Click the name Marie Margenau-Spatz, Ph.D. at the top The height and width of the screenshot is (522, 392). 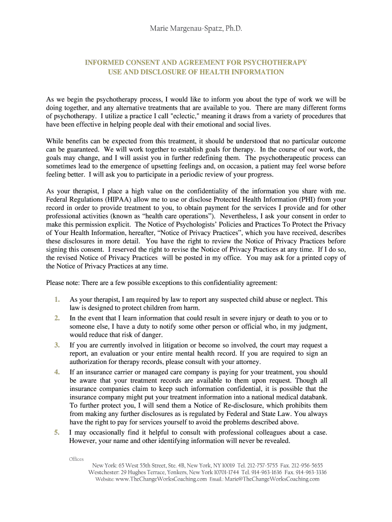[x=196, y=30]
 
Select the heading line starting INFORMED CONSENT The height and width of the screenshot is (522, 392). [x=196, y=63]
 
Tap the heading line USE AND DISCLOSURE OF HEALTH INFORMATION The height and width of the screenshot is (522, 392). [x=196, y=72]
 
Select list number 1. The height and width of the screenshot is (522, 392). [x=57, y=299]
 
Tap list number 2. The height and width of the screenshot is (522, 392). [x=57, y=318]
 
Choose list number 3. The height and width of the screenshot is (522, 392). [x=57, y=345]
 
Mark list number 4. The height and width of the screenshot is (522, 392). [x=57, y=372]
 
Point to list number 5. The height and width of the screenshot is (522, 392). [x=57, y=432]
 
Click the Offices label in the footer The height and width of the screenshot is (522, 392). [x=76, y=459]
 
